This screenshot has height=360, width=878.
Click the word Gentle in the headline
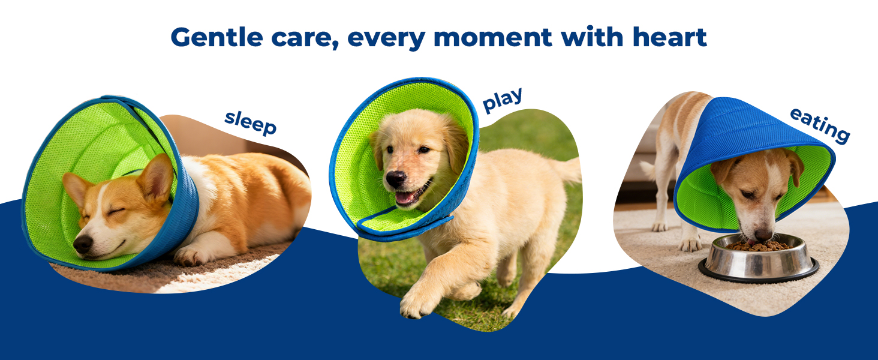(217, 38)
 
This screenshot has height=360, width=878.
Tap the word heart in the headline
(669, 37)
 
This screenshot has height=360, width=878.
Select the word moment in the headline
(493, 38)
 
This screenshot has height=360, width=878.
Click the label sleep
(251, 123)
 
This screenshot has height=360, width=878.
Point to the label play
(503, 100)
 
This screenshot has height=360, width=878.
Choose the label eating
(820, 125)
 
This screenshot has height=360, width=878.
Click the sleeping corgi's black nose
(83, 244)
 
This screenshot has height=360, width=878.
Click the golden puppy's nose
(395, 179)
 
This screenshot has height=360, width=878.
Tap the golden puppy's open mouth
(410, 195)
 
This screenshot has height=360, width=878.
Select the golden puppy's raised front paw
(417, 302)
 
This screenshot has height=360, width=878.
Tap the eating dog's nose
(763, 235)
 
